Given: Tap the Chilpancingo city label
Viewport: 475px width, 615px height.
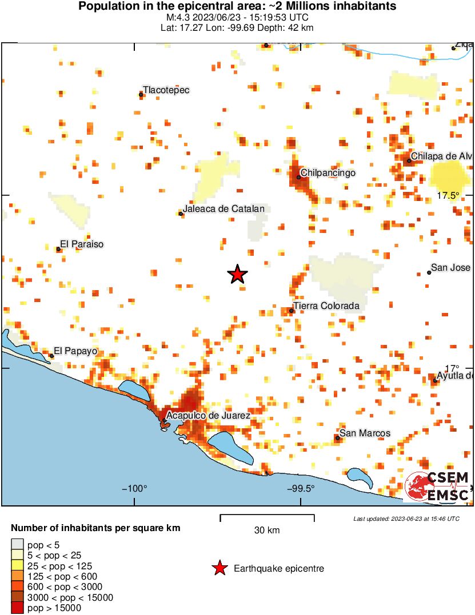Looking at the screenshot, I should pos(328,172).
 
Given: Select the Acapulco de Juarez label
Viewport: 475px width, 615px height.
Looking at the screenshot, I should pos(209,416).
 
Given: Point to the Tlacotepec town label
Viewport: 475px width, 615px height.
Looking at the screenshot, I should pos(166,90).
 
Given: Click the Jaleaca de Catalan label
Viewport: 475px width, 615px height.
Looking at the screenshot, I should pos(223,209).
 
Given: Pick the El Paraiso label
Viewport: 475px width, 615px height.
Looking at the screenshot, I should pos(82,244).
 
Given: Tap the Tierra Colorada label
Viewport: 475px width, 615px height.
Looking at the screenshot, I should pos(326,306).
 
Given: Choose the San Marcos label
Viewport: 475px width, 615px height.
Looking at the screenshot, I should pos(365,433).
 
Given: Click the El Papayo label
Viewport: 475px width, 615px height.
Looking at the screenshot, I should pos(75,351).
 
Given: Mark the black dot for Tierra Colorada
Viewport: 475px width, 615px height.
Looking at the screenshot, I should pos(292,311).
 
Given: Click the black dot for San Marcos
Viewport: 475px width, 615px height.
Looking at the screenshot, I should pos(338,438).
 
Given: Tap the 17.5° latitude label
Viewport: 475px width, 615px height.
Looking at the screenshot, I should pos(449,195).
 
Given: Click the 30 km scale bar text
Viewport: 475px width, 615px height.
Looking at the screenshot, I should pos(267,530).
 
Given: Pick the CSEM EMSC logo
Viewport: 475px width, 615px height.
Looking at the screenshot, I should pos(438,487).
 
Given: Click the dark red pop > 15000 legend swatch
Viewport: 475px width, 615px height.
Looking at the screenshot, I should pos(18,608).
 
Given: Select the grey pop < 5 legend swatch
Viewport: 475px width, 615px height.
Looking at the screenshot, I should pos(18,545).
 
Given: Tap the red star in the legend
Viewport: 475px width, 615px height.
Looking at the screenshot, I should pos(219,568).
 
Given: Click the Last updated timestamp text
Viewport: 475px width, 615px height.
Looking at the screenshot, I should pos(406,519).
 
